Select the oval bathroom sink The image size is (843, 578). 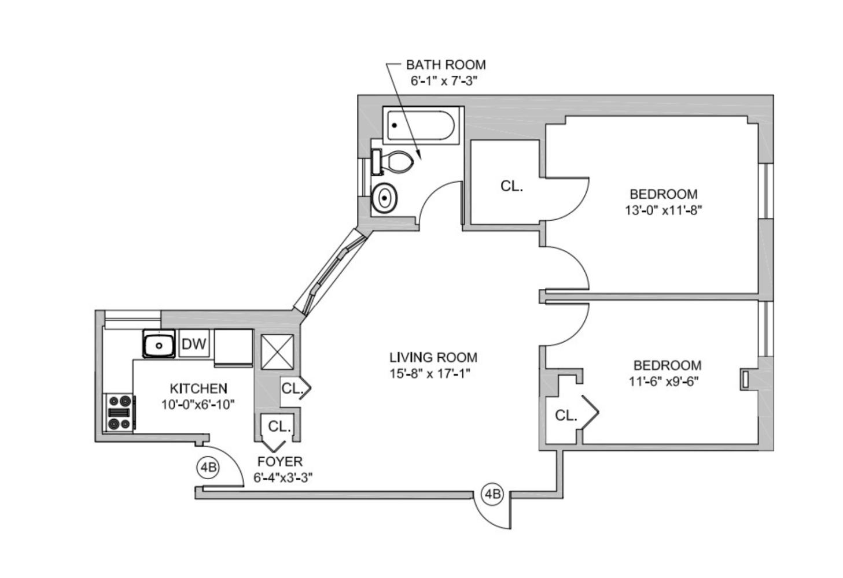click(384, 198)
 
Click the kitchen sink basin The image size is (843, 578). click(159, 344)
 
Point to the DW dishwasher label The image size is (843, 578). click(194, 344)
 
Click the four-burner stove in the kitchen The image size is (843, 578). click(119, 412)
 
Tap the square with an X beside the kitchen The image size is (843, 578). click(277, 351)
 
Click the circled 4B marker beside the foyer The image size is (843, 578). click(208, 467)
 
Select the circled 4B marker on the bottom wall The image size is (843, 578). click(492, 494)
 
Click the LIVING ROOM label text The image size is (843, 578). click(433, 357)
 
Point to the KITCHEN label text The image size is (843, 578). click(198, 388)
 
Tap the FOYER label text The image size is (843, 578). click(280, 462)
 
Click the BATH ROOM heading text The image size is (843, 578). click(446, 65)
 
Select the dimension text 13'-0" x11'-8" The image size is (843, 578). click(663, 210)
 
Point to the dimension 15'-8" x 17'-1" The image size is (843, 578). click(429, 373)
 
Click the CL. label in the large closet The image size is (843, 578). click(511, 186)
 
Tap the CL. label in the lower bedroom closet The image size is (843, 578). click(566, 415)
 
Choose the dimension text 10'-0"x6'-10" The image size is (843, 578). click(198, 405)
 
